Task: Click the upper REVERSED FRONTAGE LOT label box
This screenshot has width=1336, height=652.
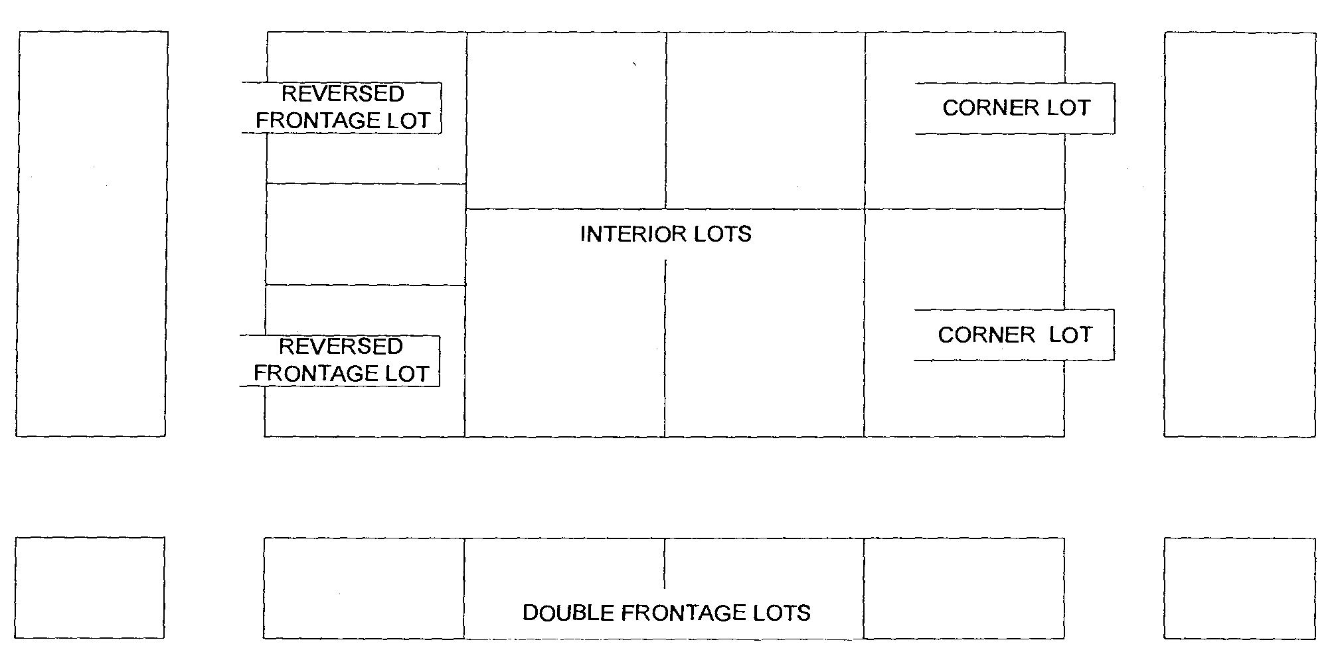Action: coord(342,108)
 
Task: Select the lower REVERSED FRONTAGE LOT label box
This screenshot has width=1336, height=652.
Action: coord(340,361)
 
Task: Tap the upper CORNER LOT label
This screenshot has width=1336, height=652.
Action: coord(1015,108)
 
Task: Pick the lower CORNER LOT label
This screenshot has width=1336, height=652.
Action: coord(1014,335)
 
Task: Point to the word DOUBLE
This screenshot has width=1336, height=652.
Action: coord(568,613)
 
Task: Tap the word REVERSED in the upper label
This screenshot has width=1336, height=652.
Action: coord(343,94)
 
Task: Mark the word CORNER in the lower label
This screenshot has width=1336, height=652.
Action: coord(986,335)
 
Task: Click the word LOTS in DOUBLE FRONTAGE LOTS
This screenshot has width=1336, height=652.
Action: coord(784,613)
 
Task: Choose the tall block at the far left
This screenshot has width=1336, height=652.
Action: coord(92,234)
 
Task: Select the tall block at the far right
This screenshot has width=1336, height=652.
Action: coord(1239,234)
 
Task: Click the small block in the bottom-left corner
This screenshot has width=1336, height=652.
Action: coord(90,588)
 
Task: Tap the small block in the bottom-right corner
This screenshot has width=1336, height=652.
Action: coord(1239,588)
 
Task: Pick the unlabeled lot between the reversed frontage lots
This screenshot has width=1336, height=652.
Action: coord(365,234)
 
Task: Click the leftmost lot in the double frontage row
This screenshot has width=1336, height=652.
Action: coord(364,588)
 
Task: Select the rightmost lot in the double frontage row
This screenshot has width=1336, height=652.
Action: coord(963,588)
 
